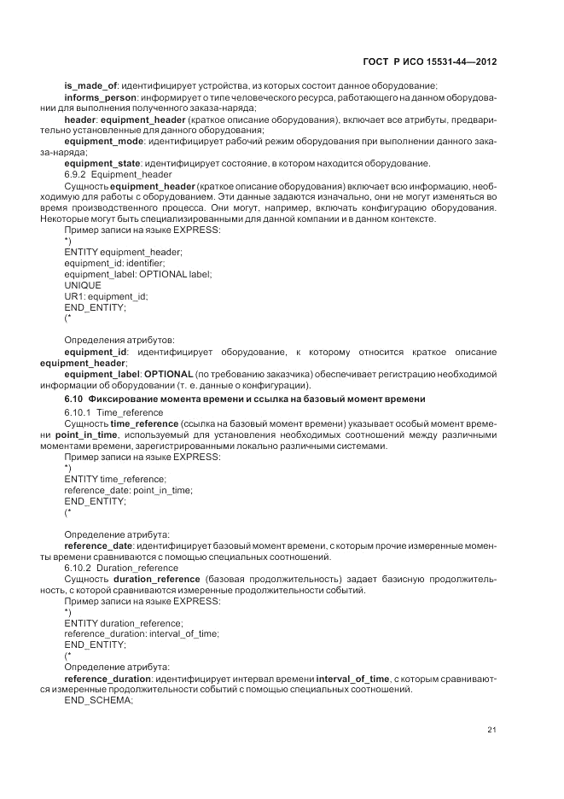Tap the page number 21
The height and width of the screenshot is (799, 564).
[x=492, y=730]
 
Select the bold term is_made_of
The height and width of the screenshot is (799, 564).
[x=90, y=86]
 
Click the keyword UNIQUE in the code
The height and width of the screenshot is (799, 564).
[x=83, y=286]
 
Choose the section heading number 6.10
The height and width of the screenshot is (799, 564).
[x=75, y=400]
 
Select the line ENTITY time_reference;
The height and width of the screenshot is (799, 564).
[x=114, y=479]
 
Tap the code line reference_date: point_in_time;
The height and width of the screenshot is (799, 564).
[x=128, y=490]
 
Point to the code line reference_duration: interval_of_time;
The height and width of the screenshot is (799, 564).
[x=141, y=634]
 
